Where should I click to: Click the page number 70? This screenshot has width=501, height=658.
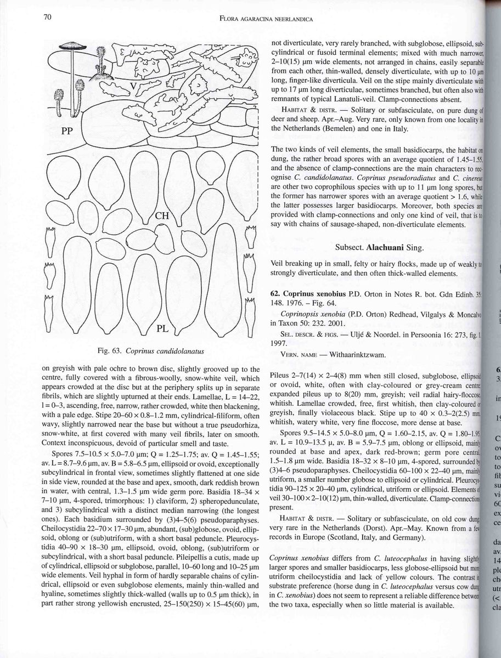pyautogui.click(x=48, y=17)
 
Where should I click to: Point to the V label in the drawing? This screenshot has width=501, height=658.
pyautogui.click(x=133, y=86)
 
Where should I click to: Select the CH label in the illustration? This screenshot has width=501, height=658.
pyautogui.click(x=162, y=215)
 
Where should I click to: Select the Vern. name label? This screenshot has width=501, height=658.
pyautogui.click(x=300, y=355)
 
